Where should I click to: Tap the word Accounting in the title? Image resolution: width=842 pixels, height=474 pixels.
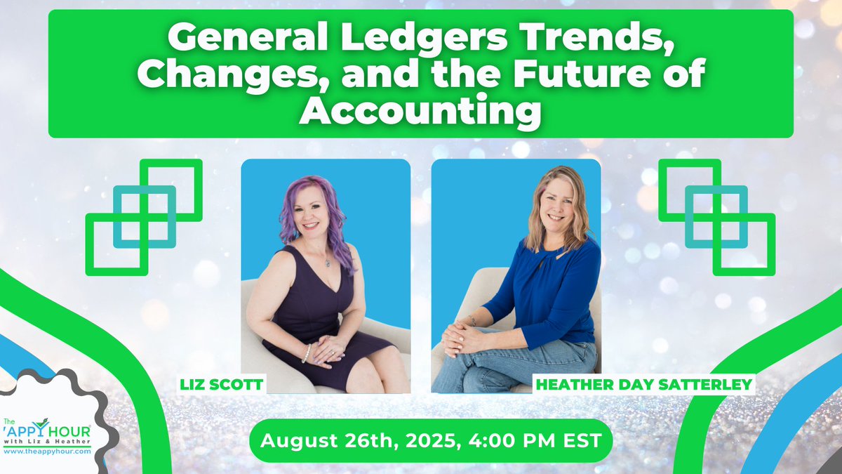[x=421, y=111]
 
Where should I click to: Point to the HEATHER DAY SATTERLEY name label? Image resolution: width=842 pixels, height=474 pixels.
[x=643, y=385]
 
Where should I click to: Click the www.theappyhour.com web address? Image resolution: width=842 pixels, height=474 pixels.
[x=46, y=452]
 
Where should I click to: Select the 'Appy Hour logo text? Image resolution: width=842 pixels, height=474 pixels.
[x=49, y=430]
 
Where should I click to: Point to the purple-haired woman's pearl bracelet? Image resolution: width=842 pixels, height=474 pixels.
[x=306, y=353]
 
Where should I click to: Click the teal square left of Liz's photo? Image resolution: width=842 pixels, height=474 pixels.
[x=145, y=216]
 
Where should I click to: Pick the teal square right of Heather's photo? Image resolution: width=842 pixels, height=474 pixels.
[x=716, y=216]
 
